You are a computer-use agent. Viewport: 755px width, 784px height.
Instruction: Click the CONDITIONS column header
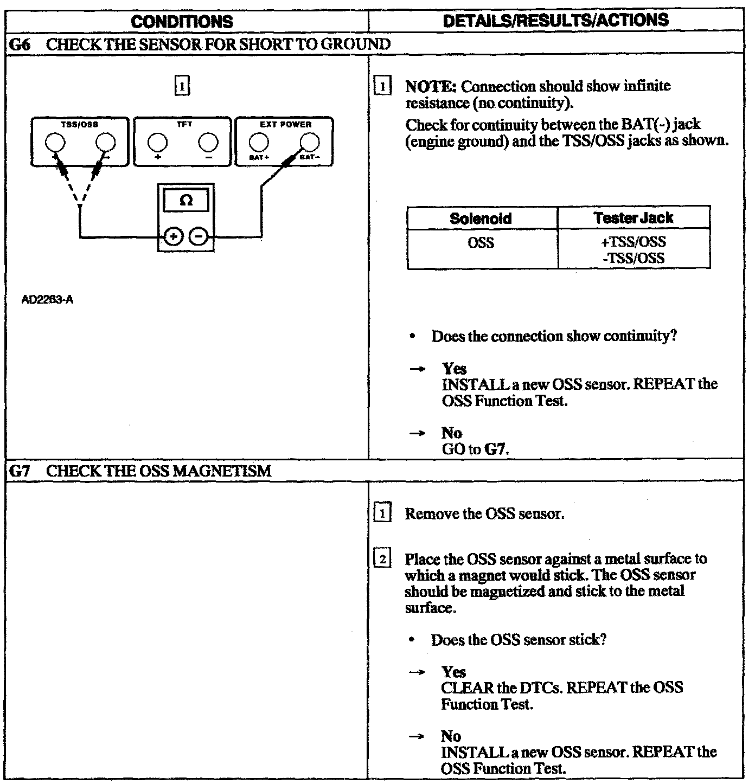click(182, 22)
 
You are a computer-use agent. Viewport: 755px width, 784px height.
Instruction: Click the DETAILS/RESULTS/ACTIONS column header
click(555, 21)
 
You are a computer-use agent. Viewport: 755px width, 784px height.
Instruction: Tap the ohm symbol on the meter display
click(185, 201)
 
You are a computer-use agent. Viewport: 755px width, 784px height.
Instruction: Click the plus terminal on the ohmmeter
click(173, 237)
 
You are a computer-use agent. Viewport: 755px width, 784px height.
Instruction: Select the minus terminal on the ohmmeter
click(199, 237)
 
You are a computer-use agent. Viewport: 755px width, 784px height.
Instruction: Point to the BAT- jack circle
click(310, 142)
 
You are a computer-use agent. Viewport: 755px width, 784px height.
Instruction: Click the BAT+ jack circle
click(258, 142)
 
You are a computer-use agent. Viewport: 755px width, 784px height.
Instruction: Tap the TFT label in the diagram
click(184, 124)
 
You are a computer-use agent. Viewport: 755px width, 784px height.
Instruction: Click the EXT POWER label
click(285, 124)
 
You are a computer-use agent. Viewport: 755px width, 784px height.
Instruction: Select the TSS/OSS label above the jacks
click(80, 124)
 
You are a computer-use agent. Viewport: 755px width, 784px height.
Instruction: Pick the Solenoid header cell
click(481, 219)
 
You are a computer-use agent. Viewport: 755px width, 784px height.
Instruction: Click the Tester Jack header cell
click(633, 218)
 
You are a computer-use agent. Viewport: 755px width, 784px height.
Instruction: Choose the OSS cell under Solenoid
click(481, 242)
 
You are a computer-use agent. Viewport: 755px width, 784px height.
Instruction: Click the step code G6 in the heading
click(19, 44)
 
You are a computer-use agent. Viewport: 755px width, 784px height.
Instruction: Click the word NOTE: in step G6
click(431, 87)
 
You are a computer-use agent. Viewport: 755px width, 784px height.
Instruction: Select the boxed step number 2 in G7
click(382, 559)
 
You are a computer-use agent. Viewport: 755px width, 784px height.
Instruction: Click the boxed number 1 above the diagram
click(183, 86)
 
